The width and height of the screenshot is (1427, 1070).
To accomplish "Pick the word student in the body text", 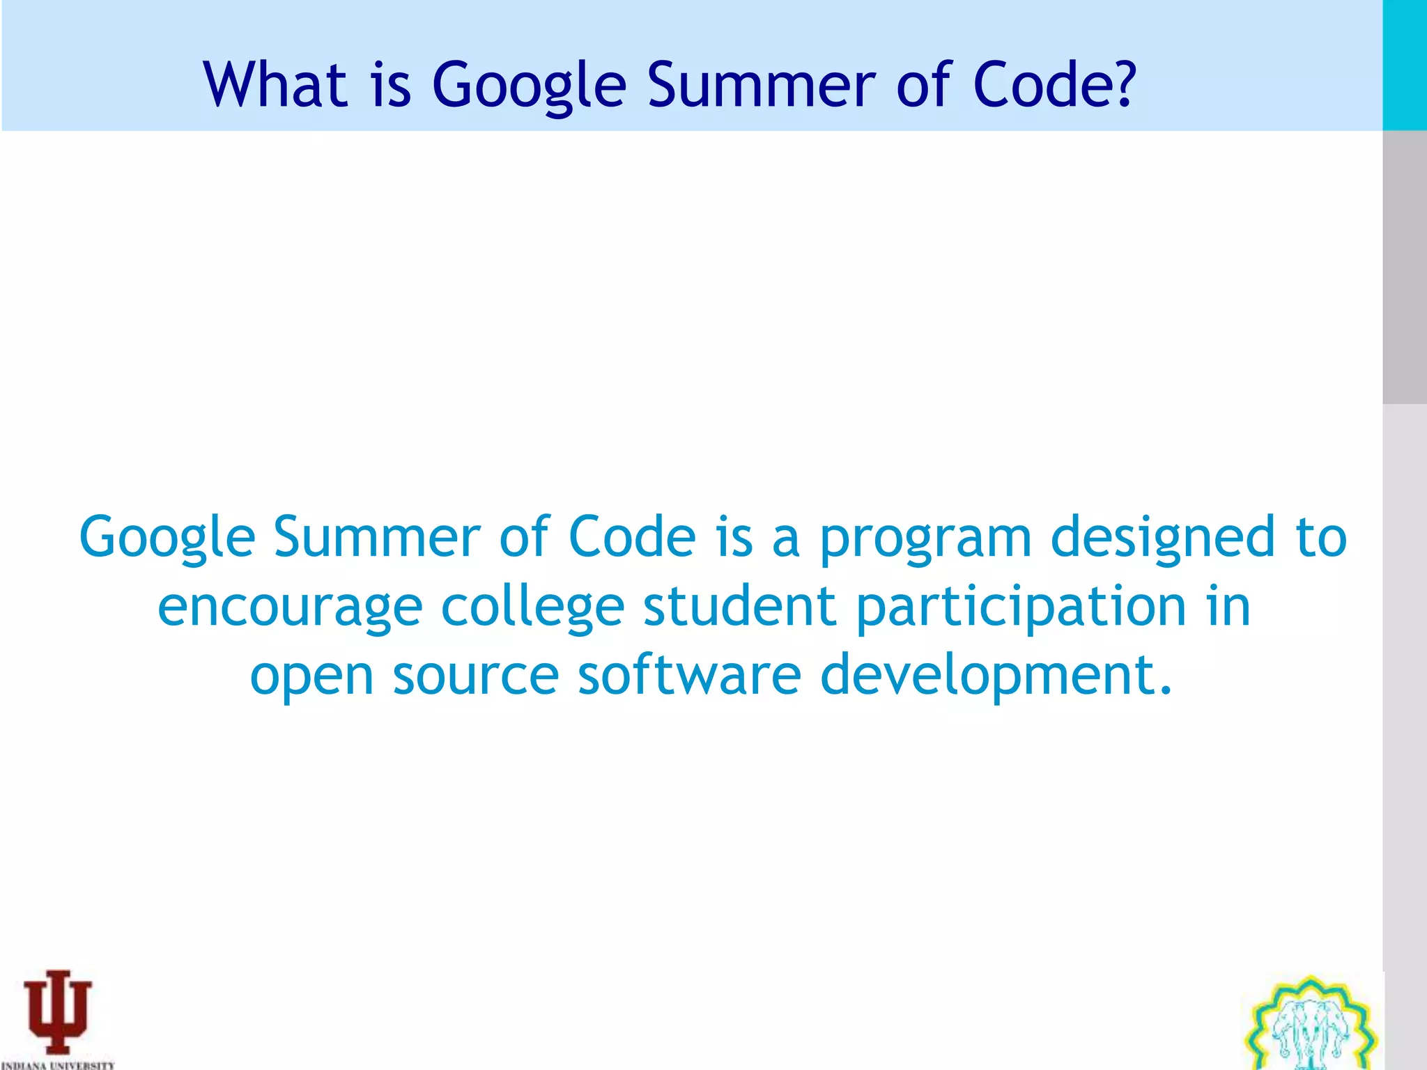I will click(x=739, y=606).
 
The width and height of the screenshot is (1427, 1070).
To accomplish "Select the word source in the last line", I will click(x=475, y=676).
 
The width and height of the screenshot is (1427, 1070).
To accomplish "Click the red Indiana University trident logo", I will click(x=58, y=1011).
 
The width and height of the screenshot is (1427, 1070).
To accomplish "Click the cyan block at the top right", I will click(x=1404, y=65).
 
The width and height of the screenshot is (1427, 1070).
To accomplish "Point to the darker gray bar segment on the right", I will click(x=1404, y=267).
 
